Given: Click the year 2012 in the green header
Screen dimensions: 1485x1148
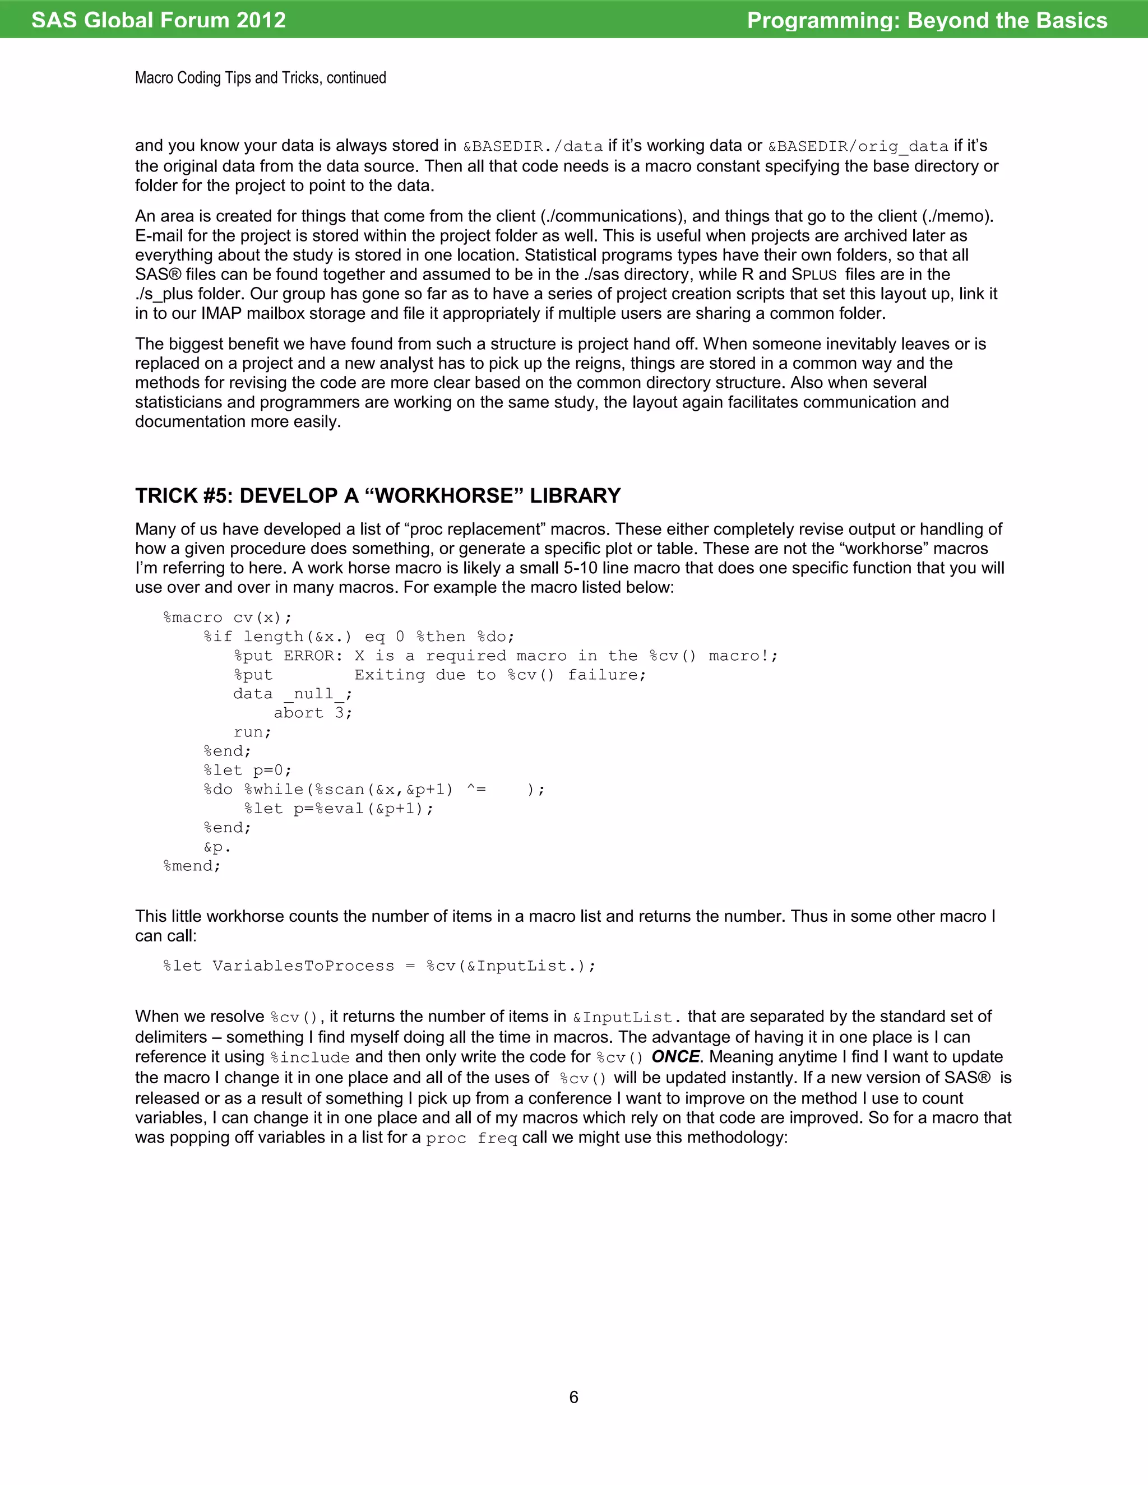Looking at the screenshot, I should point(261,20).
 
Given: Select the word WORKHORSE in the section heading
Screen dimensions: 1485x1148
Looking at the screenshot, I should point(444,496).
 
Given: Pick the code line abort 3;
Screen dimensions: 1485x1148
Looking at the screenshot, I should point(313,713).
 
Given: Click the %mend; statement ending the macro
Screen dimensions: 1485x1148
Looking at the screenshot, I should point(192,866).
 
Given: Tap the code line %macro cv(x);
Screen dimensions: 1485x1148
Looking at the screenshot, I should point(227,618).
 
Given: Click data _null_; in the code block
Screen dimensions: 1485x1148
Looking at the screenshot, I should point(293,694).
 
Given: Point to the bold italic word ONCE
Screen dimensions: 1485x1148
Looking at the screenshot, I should point(675,1057).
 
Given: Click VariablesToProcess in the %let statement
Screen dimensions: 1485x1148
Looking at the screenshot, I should point(303,966).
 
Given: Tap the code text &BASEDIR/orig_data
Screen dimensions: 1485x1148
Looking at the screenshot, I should point(858,146).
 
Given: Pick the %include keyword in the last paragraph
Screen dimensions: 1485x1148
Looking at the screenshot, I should point(309,1057).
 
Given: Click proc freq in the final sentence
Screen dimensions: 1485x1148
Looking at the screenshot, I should point(471,1138).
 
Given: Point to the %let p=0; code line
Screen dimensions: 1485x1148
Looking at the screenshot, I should point(248,771).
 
